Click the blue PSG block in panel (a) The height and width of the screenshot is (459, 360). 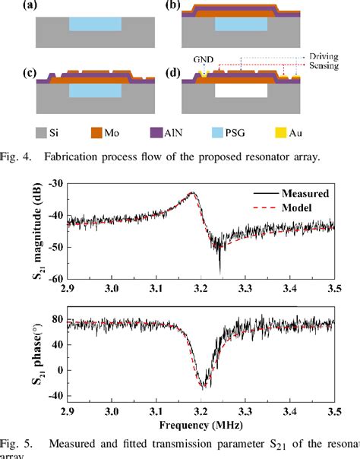coord(94,24)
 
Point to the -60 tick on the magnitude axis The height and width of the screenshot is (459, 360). coord(52,279)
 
